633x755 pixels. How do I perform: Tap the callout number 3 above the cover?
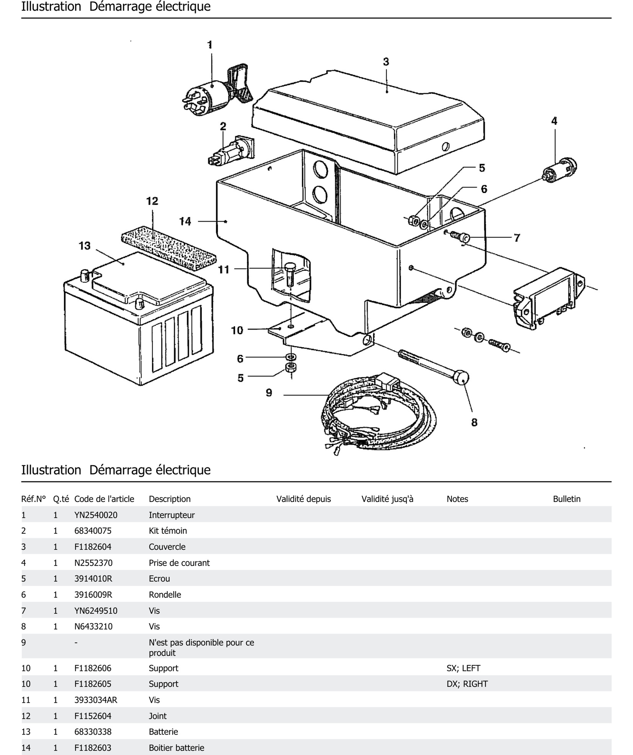386,62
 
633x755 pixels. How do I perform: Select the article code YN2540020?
96,515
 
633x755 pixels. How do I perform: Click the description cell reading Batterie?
163,732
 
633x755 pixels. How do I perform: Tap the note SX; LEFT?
463,668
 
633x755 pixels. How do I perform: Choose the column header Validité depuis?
303,499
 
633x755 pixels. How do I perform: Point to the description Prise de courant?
179,563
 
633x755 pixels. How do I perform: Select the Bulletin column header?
566,499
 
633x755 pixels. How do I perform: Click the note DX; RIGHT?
467,684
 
